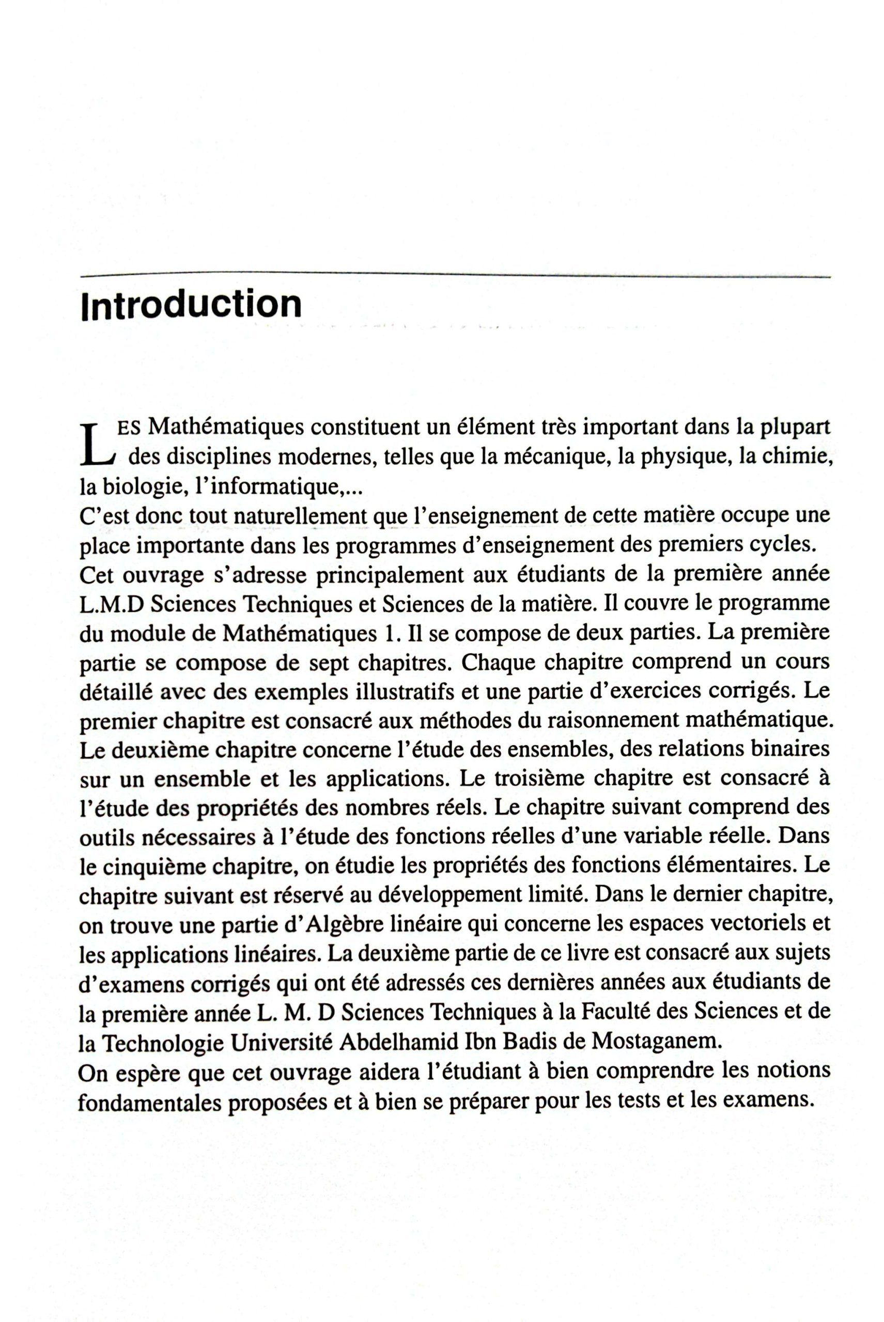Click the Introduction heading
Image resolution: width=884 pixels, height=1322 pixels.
pyautogui.click(x=191, y=305)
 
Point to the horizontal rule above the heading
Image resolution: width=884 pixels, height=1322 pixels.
pyautogui.click(x=456, y=276)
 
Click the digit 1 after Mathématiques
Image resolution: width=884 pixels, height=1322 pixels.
pyautogui.click(x=384, y=634)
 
